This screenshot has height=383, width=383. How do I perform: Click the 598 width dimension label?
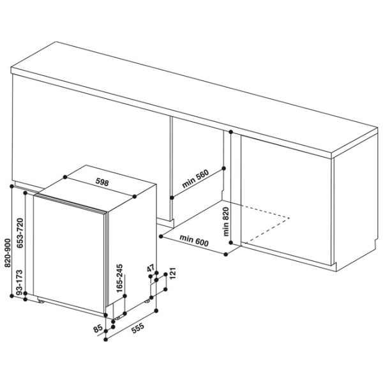click(x=102, y=182)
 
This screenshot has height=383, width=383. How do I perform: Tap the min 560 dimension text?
click(x=195, y=179)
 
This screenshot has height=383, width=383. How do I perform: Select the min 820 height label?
click(x=225, y=222)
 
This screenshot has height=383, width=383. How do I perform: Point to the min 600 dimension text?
click(x=194, y=241)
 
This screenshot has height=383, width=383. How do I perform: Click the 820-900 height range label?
click(x=8, y=253)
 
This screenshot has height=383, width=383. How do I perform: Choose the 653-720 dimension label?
click(x=20, y=233)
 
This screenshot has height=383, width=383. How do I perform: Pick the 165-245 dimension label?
click(x=119, y=278)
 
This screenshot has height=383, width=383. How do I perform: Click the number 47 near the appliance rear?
click(x=151, y=268)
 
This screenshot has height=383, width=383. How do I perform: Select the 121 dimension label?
click(x=172, y=273)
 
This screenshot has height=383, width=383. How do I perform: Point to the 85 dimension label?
click(x=98, y=328)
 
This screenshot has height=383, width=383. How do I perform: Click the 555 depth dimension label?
click(x=138, y=328)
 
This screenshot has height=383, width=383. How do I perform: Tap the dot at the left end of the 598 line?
click(x=65, y=177)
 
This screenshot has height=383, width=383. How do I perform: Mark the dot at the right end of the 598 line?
click(x=134, y=197)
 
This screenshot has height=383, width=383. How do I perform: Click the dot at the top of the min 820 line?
click(x=231, y=132)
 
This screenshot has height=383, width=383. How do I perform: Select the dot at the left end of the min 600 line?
click(x=161, y=236)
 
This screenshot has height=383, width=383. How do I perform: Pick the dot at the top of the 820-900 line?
click(x=11, y=186)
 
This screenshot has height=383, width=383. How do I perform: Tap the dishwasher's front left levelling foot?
click(x=41, y=302)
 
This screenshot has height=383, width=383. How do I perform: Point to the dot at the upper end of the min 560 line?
click(x=224, y=169)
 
